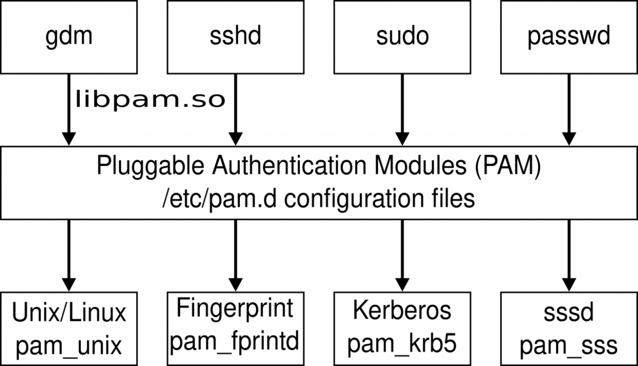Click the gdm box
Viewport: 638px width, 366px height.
[x=69, y=36]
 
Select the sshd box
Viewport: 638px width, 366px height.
[x=236, y=36]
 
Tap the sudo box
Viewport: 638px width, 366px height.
[x=402, y=36]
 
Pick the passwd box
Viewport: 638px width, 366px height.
[x=569, y=36]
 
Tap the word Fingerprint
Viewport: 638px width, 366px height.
[x=234, y=308]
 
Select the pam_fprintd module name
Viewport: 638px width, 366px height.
[x=234, y=339]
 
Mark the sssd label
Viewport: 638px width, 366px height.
[x=568, y=313]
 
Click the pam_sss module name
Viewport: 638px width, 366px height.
[x=568, y=346]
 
